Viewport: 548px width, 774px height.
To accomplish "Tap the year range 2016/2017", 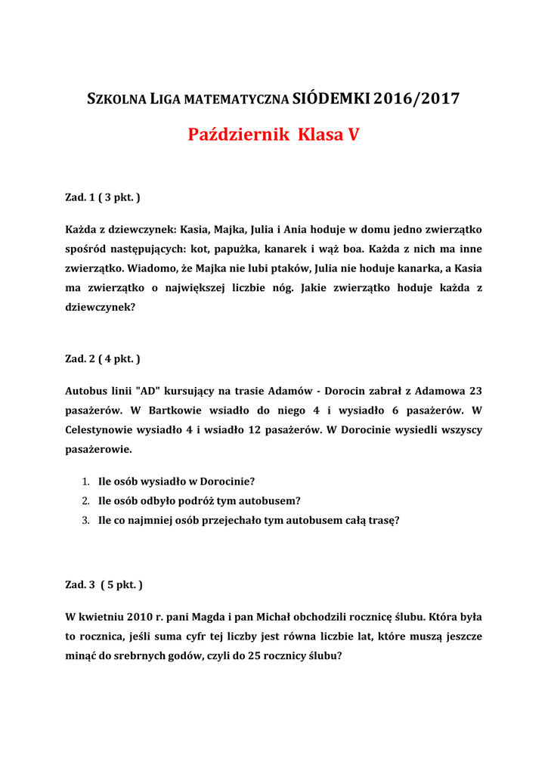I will pyautogui.click(x=416, y=98).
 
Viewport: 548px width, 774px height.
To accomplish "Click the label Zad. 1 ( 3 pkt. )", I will pyautogui.click(x=103, y=197).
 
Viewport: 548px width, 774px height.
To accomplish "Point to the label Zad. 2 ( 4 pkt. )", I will pyautogui.click(x=103, y=358).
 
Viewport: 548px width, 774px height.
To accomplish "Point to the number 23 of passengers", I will pyautogui.click(x=475, y=391).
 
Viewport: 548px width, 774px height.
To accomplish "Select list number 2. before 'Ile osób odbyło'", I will pyautogui.click(x=85, y=500).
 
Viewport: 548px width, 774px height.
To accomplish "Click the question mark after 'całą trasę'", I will pyautogui.click(x=397, y=520).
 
